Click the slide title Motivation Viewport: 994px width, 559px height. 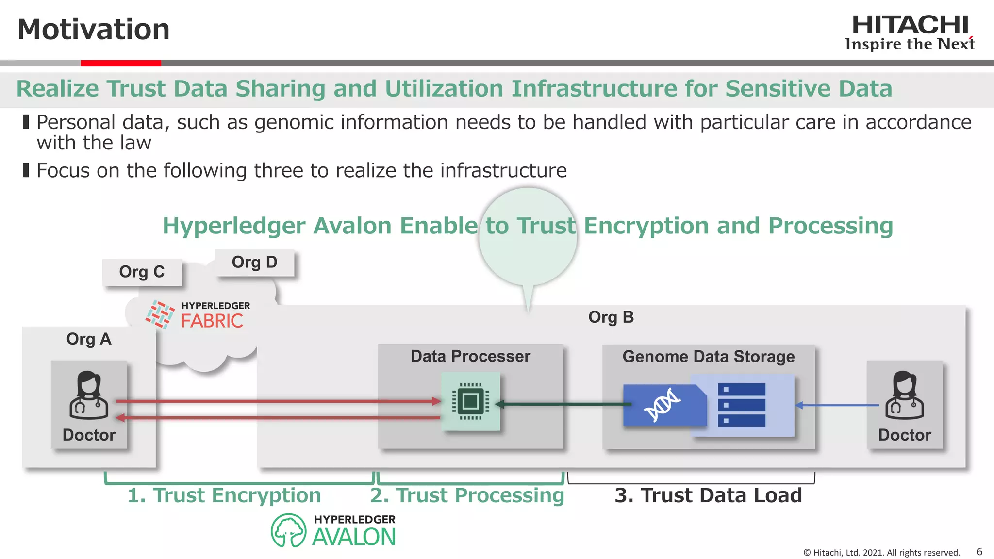point(94,29)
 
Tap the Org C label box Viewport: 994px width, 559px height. point(142,272)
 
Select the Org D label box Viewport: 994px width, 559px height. point(254,263)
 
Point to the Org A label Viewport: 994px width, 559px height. point(89,339)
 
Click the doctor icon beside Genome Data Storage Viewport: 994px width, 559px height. point(904,395)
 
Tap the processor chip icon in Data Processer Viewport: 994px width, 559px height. point(470,401)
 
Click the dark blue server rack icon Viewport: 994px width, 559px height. point(741,405)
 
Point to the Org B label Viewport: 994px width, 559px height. point(611,317)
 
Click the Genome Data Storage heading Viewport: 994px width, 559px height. point(708,357)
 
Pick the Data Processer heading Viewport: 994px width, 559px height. point(470,356)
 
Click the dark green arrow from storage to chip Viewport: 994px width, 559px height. point(563,404)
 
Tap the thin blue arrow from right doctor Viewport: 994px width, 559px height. point(837,405)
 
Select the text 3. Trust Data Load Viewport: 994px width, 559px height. point(708,495)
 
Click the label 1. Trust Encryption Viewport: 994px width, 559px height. point(224,495)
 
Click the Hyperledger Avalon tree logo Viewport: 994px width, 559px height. point(288,530)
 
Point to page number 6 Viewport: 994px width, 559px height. point(979,552)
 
